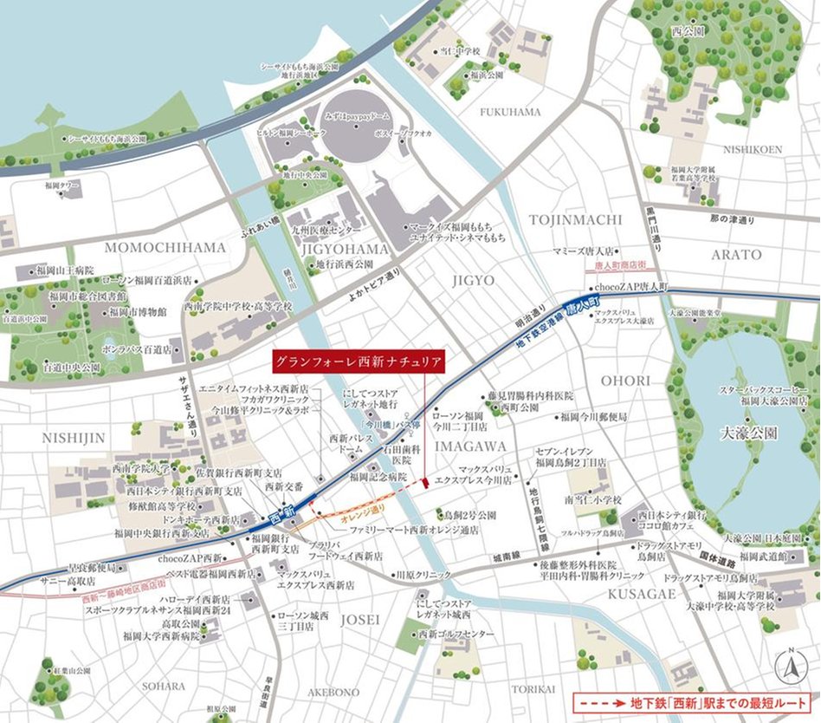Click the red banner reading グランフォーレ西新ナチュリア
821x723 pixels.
click(358, 360)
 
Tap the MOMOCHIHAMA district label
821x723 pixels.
click(165, 248)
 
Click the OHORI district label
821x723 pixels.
click(622, 381)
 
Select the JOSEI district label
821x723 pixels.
click(360, 619)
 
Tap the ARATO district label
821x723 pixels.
click(736, 255)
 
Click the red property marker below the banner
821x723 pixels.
click(425, 482)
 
